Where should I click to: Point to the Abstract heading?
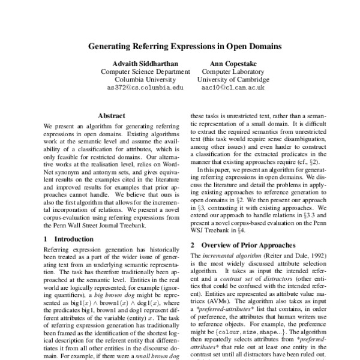[112, 115]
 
